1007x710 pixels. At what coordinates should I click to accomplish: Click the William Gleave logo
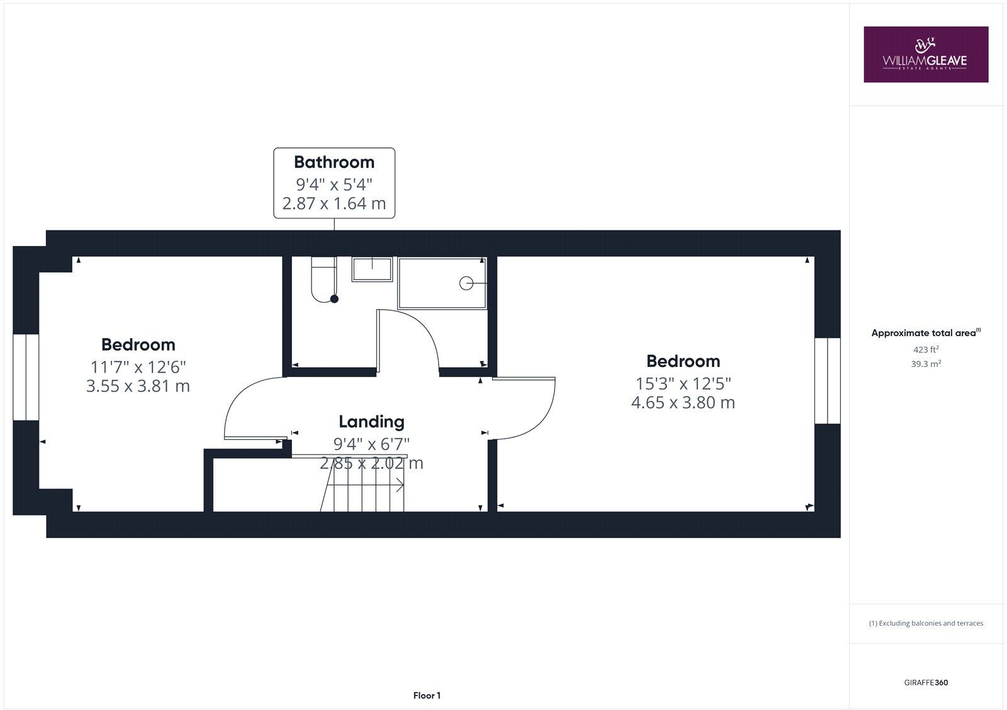pyautogui.click(x=925, y=54)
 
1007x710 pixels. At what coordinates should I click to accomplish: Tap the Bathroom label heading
pyautogui.click(x=334, y=162)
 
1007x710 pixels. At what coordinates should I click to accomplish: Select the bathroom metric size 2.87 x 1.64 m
pyautogui.click(x=334, y=204)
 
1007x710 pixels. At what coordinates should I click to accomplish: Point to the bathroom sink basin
pyautogui.click(x=372, y=269)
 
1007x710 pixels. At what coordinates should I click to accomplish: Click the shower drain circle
pyautogui.click(x=466, y=283)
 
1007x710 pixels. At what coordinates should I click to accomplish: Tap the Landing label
pyautogui.click(x=371, y=422)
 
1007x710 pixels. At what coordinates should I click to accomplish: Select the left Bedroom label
pyautogui.click(x=138, y=345)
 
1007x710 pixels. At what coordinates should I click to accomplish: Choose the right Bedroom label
pyautogui.click(x=683, y=361)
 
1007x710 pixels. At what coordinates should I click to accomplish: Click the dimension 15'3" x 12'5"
pyautogui.click(x=683, y=383)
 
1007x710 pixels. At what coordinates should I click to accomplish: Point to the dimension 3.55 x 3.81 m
pyautogui.click(x=138, y=386)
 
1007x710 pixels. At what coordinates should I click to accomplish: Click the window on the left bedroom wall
pyautogui.click(x=26, y=377)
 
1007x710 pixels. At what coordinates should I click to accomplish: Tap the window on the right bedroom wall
pyautogui.click(x=827, y=381)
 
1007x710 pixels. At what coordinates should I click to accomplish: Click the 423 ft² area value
pyautogui.click(x=926, y=349)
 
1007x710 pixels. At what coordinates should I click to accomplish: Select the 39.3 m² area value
pyautogui.click(x=926, y=364)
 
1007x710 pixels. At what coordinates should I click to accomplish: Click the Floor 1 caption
pyautogui.click(x=427, y=696)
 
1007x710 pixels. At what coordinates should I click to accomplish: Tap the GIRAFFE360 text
pyautogui.click(x=926, y=682)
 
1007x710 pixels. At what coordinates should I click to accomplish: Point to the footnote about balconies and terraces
pyautogui.click(x=926, y=623)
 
